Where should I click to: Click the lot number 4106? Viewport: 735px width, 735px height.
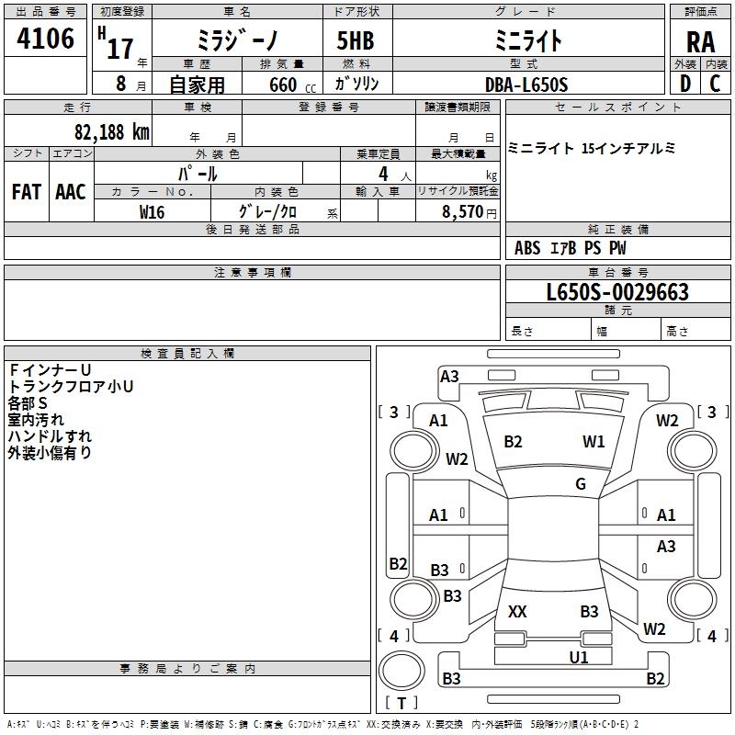click(45, 40)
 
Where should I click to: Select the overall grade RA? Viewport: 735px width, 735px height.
click(700, 41)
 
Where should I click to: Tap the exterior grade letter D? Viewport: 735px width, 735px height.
click(684, 84)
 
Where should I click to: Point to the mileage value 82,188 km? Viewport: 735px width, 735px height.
click(111, 131)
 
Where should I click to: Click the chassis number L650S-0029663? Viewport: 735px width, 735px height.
click(616, 293)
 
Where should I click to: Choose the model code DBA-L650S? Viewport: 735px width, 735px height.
click(526, 85)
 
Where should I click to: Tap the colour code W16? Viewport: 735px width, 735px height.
click(152, 211)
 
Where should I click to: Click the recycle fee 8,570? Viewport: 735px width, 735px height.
click(463, 211)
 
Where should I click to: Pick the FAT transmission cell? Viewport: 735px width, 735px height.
click(26, 191)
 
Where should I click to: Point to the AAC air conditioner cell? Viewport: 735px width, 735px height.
click(71, 191)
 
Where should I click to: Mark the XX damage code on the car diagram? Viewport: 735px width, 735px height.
click(517, 611)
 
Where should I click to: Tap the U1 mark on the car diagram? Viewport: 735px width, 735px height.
click(578, 657)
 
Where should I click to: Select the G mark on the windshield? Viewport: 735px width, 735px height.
click(580, 484)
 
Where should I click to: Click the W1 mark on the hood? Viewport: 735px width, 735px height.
click(594, 442)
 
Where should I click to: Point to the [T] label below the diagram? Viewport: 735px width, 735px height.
click(401, 703)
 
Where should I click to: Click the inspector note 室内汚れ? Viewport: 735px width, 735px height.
click(36, 420)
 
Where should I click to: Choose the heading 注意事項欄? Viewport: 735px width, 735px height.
click(252, 273)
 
